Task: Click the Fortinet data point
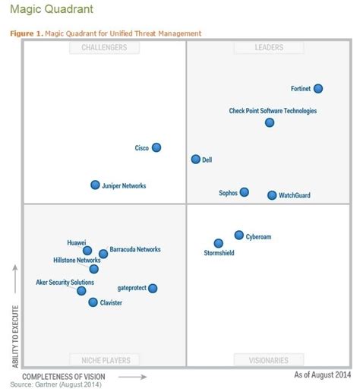coord(318,89)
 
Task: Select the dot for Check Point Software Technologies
coord(270,122)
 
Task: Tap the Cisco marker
coord(156,147)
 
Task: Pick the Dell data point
coord(196,160)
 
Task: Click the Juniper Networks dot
coord(95,185)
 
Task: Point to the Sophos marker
coord(244,192)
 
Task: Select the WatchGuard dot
coord(272,195)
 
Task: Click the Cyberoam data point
coord(238,236)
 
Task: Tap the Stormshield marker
coord(219,243)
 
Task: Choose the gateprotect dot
coord(153,288)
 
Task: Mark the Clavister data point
coord(93,302)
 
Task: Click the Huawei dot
coord(87,250)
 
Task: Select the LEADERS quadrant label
coord(269,48)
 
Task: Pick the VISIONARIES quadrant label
coord(269,360)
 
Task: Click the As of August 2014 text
coord(322,375)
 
